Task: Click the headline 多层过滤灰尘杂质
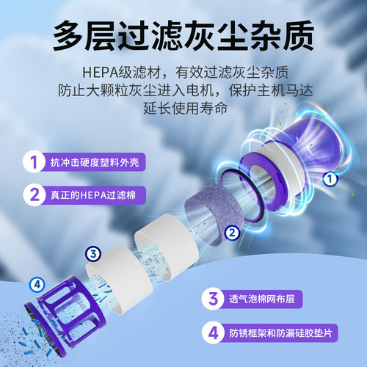click(183, 34)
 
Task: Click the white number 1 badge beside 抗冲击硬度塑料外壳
click(32, 161)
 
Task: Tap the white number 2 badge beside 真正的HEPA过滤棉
click(32, 195)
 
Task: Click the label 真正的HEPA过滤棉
click(92, 195)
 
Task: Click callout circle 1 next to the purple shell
click(330, 178)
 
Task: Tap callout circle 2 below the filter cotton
click(232, 233)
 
